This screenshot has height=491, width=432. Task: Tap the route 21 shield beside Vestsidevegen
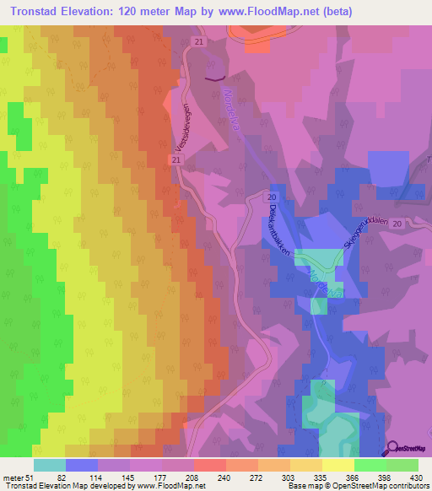(x=175, y=159)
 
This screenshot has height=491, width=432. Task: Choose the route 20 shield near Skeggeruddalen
(x=397, y=223)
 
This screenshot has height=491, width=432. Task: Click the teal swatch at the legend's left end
(x=50, y=465)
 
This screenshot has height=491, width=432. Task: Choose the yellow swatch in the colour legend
(x=338, y=465)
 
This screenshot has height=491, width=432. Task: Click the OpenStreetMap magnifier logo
(x=394, y=447)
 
